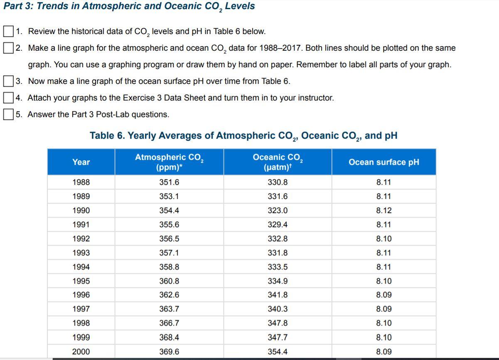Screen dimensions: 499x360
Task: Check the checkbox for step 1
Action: [8, 31]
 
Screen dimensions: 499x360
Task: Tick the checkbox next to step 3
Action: [8, 81]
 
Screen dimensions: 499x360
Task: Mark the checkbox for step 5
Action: [8, 114]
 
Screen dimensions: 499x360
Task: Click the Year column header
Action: [81, 162]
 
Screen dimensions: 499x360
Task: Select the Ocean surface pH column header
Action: [384, 162]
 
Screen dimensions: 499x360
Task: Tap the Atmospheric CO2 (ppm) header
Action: [169, 162]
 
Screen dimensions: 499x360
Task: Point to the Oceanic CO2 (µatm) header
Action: [278, 162]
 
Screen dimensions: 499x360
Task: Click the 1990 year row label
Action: [81, 211]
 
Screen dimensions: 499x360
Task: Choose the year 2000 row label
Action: [81, 352]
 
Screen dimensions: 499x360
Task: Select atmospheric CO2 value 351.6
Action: [169, 182]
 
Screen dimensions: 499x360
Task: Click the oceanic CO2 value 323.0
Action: [278, 211]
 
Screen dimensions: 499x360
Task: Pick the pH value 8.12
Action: [384, 211]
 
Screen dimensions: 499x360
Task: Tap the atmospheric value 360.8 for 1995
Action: [169, 281]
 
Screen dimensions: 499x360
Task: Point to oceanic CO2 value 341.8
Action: [278, 295]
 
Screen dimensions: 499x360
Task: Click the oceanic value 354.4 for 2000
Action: [278, 352]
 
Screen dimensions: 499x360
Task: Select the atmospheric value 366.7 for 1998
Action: [169, 323]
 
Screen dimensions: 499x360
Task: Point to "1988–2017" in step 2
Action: [282, 48]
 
